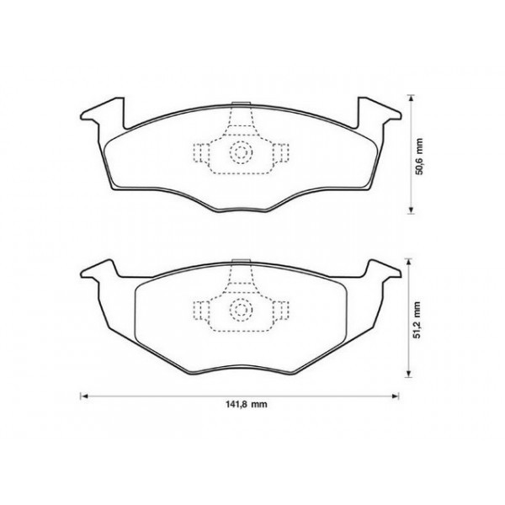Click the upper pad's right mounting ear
(x=380, y=113)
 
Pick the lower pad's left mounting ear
(x=97, y=271)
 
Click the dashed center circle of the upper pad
(x=241, y=152)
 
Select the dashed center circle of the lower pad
(x=241, y=310)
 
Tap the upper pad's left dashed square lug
(x=203, y=152)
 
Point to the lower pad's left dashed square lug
(x=203, y=310)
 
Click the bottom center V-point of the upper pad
(x=240, y=211)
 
